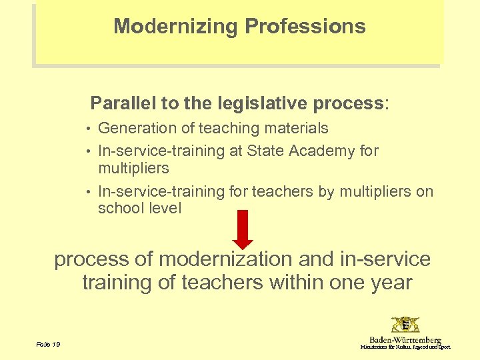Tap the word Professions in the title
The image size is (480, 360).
click(x=305, y=27)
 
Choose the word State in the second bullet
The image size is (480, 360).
click(x=265, y=151)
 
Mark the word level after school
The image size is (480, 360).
click(x=164, y=208)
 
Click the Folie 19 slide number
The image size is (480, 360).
click(x=48, y=344)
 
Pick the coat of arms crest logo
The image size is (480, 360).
click(x=405, y=325)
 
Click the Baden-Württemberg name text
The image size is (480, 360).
click(x=405, y=340)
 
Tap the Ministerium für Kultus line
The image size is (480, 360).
click(x=405, y=347)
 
